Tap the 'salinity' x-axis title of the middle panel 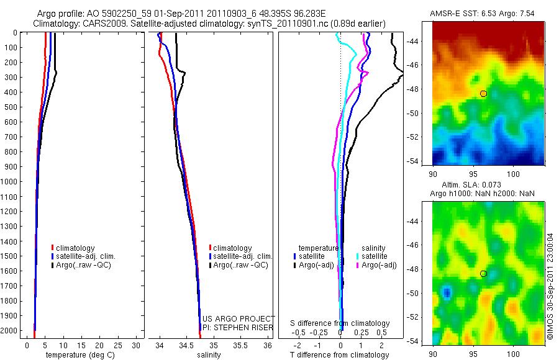pos(209,355)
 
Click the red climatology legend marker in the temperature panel pos(53,248)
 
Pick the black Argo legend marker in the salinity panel pos(211,265)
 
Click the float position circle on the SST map pos(483,94)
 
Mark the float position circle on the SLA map pos(483,274)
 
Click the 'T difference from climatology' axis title pos(340,355)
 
